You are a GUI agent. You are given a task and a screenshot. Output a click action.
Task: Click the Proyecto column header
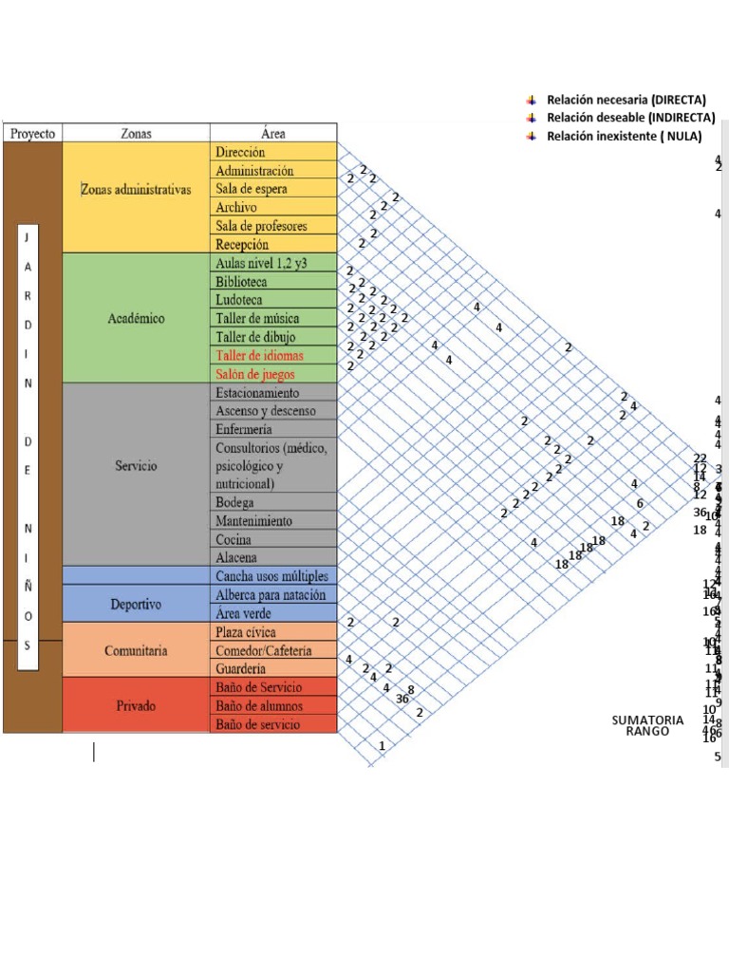click(x=33, y=134)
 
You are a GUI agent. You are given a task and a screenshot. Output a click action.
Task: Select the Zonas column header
click(x=136, y=134)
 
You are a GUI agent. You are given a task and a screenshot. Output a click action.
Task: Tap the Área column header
click(x=273, y=134)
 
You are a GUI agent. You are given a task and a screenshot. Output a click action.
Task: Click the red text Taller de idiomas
click(x=259, y=355)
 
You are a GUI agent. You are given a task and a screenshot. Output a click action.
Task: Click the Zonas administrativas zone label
click(x=136, y=189)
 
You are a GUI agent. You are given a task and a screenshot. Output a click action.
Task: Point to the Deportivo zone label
click(x=136, y=604)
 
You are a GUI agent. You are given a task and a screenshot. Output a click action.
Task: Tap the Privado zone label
click(x=136, y=705)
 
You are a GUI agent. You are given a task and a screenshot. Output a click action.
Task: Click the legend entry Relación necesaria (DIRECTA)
click(x=624, y=100)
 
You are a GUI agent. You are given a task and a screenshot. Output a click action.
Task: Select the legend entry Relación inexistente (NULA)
click(x=624, y=137)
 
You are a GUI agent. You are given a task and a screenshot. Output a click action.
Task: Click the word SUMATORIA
click(x=647, y=720)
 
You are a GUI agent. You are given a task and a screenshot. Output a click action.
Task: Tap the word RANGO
click(x=647, y=732)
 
